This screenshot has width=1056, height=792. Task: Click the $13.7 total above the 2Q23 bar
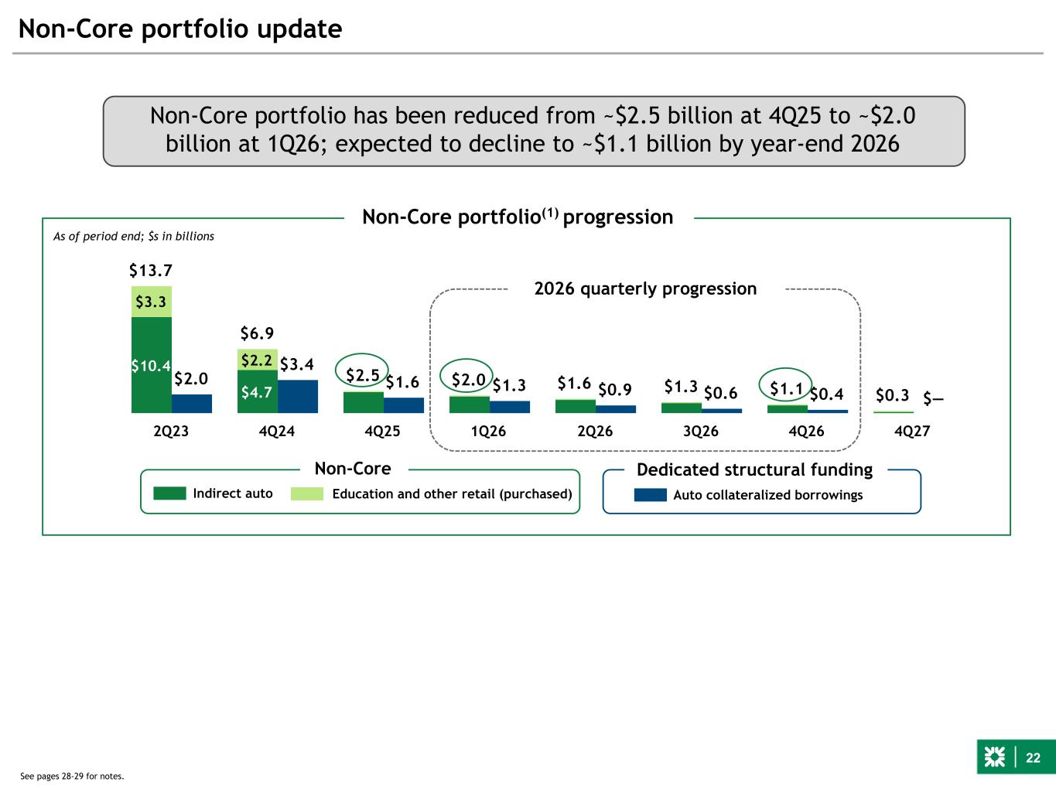point(150,271)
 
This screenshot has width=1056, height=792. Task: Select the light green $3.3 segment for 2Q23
point(151,302)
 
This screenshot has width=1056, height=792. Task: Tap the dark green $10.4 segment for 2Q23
point(151,366)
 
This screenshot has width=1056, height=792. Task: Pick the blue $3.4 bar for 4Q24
point(297,396)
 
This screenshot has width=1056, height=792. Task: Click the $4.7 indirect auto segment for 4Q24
point(257,392)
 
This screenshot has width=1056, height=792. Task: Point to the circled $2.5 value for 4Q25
point(362,375)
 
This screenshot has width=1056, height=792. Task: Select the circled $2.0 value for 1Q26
point(468,379)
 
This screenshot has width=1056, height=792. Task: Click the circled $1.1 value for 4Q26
point(786,388)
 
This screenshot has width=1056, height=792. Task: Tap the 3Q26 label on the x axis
point(700,432)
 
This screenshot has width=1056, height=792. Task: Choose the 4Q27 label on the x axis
point(912,432)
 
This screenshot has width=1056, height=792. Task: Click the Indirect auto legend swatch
point(169,493)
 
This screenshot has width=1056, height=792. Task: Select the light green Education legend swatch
point(307,493)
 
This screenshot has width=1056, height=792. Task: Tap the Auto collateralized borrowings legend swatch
point(650,495)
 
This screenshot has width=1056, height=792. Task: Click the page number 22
point(1033,758)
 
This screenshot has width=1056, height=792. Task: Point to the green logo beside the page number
point(994,758)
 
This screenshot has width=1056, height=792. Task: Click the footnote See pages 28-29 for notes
point(72,776)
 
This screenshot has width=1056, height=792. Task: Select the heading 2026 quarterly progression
point(645,288)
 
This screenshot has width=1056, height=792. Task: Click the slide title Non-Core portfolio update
point(180,29)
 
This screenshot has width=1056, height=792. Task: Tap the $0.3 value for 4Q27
point(892,395)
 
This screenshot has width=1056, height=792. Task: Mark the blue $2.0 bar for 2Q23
point(192,404)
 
